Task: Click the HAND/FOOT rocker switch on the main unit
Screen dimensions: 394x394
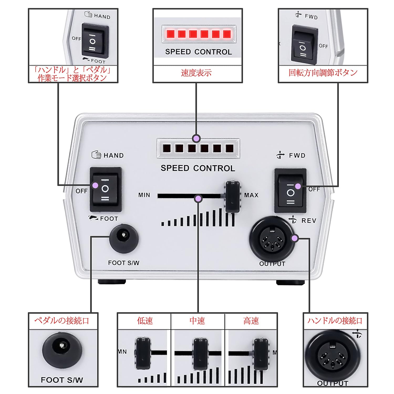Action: coord(106,189)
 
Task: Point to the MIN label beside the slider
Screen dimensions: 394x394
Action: coord(144,195)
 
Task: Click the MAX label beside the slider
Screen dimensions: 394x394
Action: coord(251,195)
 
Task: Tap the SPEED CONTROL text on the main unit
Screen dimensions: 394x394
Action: coord(198,168)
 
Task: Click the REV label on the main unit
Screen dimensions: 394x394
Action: coord(309,221)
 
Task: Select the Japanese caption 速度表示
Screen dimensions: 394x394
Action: coord(196,73)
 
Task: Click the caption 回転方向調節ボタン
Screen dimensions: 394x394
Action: coord(323,72)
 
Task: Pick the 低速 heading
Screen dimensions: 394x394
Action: coord(145,321)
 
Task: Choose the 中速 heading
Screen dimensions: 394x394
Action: coord(197,321)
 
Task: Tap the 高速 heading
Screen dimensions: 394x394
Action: coord(251,321)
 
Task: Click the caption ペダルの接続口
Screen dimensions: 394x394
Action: coord(62,321)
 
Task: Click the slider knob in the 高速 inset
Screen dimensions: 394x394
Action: coord(261,354)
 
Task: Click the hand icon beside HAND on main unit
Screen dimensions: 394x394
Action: coord(96,155)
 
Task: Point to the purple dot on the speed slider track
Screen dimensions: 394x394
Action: coord(199,199)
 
